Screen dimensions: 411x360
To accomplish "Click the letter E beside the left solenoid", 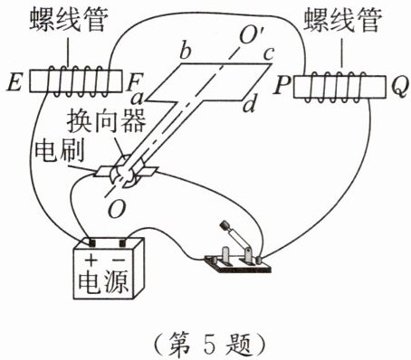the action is coord(14,81).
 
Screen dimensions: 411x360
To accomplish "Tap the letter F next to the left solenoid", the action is coord(133,82).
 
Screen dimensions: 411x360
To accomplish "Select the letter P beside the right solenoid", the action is coord(282,85).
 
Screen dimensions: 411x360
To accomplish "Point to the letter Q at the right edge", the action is coord(399,87).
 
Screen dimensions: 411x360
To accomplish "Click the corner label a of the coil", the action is coord(137,99).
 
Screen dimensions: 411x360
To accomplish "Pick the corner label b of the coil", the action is coord(186,52).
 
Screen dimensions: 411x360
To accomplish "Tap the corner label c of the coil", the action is coord(268,54).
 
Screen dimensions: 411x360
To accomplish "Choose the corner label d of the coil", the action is coord(250,105).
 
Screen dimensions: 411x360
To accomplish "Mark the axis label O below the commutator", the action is coord(117,209).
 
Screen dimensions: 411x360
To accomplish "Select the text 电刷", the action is coord(59,150).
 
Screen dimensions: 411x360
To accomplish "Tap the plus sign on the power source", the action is coord(91,260).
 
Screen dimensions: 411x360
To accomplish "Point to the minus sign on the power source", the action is coord(119,260).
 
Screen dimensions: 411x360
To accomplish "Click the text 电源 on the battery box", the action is coord(103,282).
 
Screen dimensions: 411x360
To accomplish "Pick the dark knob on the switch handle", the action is coord(225,225).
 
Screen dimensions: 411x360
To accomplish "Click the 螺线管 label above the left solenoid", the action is coord(69,19).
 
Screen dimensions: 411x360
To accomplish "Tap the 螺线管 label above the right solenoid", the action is coord(343,19).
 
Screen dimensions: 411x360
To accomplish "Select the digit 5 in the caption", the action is coord(209,344).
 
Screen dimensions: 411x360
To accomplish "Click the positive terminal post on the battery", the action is coord(91,242).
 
